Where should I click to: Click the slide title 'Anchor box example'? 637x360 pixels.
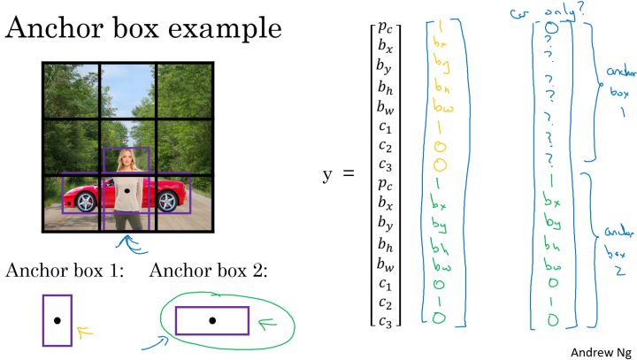[143, 29]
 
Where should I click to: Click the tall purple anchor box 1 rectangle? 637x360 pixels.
[57, 320]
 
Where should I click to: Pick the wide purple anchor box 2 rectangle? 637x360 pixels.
[211, 320]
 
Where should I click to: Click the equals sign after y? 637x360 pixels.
[348, 174]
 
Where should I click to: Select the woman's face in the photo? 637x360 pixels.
[126, 160]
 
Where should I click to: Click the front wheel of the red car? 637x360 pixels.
[86, 203]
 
